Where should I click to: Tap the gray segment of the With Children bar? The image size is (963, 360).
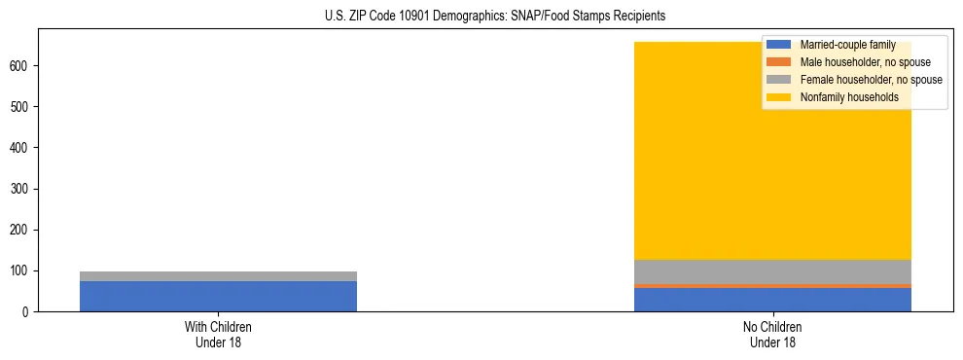point(218,276)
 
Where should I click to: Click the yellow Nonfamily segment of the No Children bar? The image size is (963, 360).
point(700,185)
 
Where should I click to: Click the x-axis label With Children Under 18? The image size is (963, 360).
point(218,334)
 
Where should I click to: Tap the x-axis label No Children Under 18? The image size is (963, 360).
point(772,334)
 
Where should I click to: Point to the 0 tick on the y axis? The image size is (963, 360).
point(26,311)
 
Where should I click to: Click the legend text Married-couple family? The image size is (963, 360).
point(847,45)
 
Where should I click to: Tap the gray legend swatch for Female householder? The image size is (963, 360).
point(778,80)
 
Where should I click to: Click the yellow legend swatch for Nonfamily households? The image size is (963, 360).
point(778,97)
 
